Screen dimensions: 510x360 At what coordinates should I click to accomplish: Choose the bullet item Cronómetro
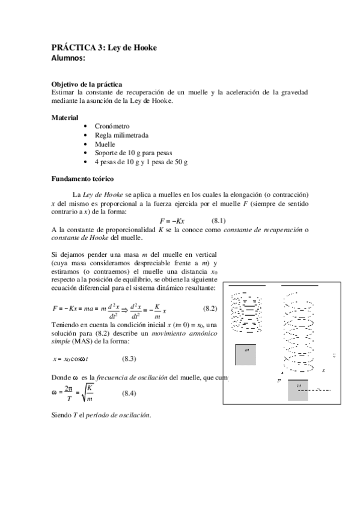pos(112,126)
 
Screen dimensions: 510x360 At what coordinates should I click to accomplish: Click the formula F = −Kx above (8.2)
pos(180,221)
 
